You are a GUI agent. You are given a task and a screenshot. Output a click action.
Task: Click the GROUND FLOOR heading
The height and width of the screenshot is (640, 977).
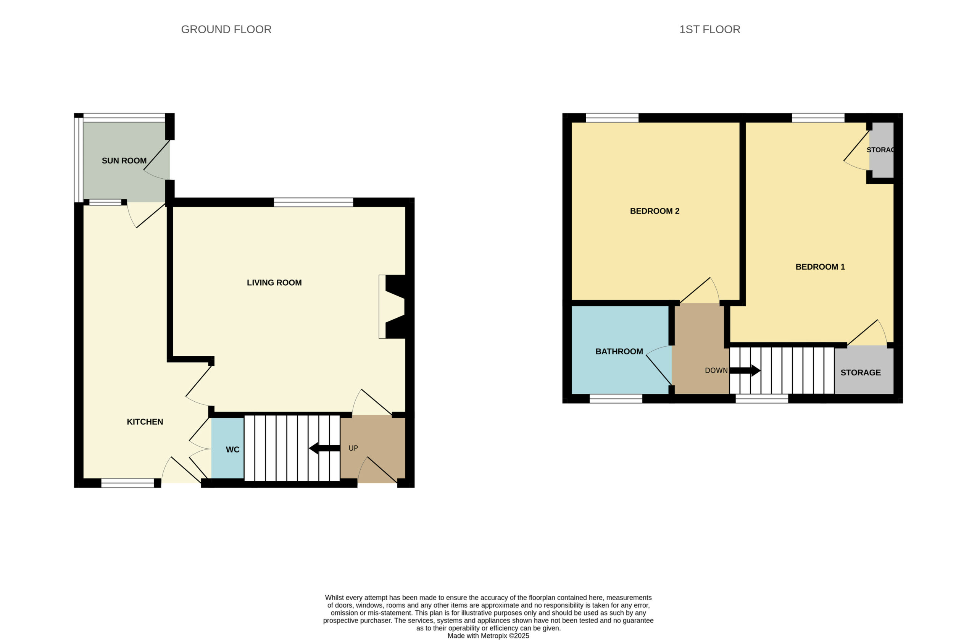[x=226, y=29]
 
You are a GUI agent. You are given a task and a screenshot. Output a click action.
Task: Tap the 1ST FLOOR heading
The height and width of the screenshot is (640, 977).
[x=710, y=29]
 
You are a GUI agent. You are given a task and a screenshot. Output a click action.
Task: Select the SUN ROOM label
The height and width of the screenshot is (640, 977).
[x=124, y=161]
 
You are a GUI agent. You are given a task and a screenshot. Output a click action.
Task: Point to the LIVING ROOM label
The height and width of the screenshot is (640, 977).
[x=274, y=283]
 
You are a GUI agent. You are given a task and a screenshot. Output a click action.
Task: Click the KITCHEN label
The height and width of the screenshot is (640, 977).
[x=145, y=422]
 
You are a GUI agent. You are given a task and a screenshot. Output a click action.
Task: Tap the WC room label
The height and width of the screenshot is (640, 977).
[x=232, y=449]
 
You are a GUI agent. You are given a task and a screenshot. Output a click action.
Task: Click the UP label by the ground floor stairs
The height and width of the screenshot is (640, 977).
[x=353, y=448]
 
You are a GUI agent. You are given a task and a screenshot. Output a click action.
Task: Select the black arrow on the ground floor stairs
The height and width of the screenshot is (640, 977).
[x=324, y=448]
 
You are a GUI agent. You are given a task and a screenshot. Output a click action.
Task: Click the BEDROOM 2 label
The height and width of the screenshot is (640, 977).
[x=655, y=211]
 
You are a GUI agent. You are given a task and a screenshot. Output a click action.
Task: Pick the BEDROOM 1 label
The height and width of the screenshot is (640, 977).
[x=820, y=267]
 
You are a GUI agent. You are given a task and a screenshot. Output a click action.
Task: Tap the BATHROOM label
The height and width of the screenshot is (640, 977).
[x=619, y=352]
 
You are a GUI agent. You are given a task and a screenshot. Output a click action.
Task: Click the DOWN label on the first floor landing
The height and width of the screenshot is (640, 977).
[x=716, y=370]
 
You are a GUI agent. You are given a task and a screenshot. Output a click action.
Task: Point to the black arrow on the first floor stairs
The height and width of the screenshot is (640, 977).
[x=745, y=370]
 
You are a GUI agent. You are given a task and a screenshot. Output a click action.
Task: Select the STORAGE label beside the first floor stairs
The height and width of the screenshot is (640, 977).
[x=861, y=373]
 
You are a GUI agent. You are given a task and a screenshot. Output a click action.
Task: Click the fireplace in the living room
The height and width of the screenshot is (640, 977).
[x=392, y=307]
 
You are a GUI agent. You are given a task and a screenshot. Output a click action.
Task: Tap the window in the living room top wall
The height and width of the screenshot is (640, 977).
[x=313, y=202]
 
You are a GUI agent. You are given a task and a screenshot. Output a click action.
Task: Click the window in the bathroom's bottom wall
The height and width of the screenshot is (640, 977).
[x=616, y=398]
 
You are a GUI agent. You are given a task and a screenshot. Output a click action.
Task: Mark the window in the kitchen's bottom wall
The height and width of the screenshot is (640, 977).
[x=128, y=483]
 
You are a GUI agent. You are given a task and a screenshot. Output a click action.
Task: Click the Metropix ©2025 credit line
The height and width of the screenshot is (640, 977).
[x=488, y=636]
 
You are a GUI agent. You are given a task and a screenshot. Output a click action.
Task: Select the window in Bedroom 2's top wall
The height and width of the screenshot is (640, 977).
[x=612, y=118]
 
